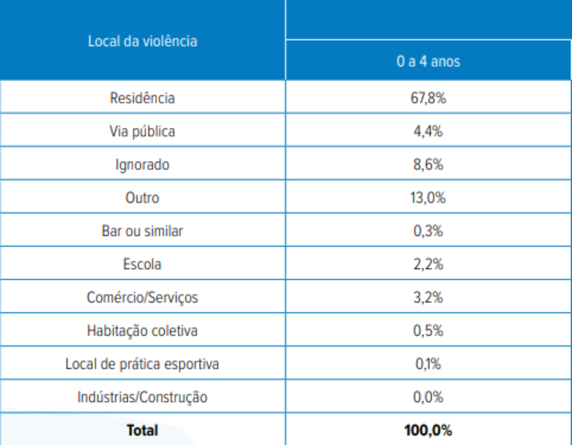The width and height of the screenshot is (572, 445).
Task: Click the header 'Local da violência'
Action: [x=143, y=41]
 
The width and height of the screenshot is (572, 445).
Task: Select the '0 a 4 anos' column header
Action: [x=428, y=61]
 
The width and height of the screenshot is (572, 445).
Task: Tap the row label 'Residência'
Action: [x=143, y=98]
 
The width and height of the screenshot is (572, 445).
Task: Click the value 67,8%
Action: [x=428, y=98]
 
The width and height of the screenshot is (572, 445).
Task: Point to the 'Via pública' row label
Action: [x=143, y=131]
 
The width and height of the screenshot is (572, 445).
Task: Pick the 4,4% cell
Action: [x=428, y=131]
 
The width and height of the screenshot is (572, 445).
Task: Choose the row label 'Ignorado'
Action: [x=143, y=164]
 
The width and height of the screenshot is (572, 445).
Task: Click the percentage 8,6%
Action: [x=428, y=164]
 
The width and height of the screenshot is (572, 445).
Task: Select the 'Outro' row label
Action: [x=143, y=197]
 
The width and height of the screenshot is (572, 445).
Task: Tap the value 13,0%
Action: [x=428, y=197]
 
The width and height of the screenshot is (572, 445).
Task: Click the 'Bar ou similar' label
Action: [x=143, y=231]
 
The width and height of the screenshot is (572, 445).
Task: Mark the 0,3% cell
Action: [x=428, y=231]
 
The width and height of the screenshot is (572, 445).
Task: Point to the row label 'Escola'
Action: [x=143, y=264]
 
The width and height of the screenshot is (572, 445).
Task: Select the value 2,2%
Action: [x=428, y=264]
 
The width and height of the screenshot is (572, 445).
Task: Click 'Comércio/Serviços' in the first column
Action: [x=143, y=297]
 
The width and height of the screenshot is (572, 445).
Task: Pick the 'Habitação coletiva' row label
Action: [x=143, y=330]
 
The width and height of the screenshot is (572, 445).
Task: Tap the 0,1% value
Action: [x=428, y=364]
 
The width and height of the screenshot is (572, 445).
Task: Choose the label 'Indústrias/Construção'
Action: [x=143, y=397]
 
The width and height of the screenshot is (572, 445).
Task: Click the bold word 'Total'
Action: [x=143, y=430]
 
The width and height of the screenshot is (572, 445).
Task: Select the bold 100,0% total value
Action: [x=428, y=430]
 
